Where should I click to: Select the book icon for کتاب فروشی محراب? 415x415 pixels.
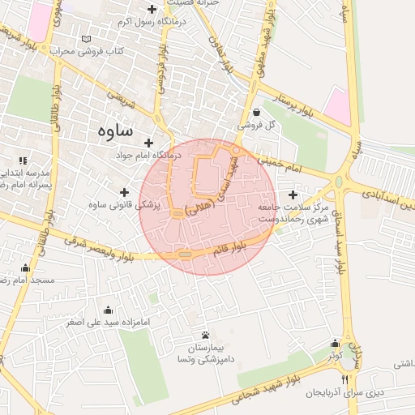(x=87, y=38)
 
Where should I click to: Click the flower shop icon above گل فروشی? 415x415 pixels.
(x=256, y=112)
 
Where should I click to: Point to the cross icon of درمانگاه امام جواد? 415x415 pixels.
(x=148, y=143)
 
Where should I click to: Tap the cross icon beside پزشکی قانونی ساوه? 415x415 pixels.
(x=124, y=192)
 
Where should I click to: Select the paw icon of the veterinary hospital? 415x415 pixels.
(x=205, y=335)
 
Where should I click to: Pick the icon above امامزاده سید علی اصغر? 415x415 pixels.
(x=108, y=310)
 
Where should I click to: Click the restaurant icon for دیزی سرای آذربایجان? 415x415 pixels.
(x=344, y=379)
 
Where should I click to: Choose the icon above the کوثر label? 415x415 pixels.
(x=335, y=344)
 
